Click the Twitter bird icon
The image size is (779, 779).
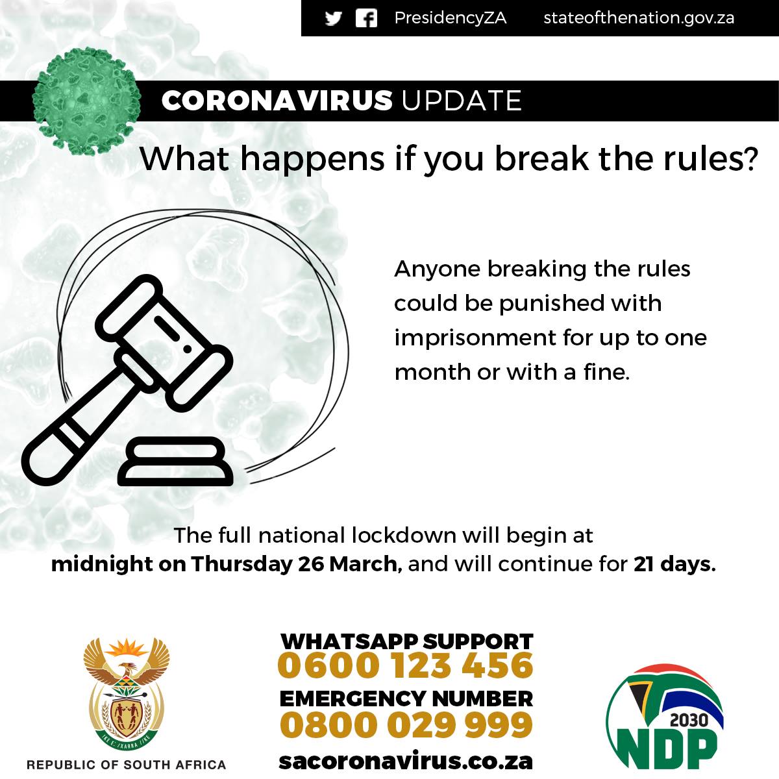click(x=333, y=18)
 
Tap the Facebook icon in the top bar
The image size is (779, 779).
click(x=366, y=19)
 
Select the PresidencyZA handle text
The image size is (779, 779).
click(x=451, y=18)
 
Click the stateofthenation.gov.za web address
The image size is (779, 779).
click(x=639, y=18)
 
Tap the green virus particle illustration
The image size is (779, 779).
click(x=86, y=101)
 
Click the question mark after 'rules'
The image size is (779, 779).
click(x=749, y=158)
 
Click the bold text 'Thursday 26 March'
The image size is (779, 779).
click(x=294, y=564)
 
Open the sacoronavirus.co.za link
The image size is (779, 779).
click(x=406, y=761)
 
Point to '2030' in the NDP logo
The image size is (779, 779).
click(x=689, y=720)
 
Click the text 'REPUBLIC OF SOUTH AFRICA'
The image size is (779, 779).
click(x=127, y=765)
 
